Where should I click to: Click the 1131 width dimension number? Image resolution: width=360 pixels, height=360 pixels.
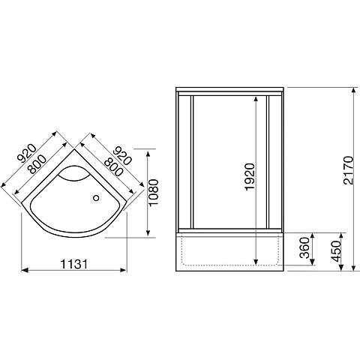[74, 264]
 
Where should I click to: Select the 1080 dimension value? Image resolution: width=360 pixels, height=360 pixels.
[153, 192]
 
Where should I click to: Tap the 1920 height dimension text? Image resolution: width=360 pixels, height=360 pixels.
[250, 177]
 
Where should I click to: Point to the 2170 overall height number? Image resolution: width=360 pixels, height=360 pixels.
[348, 170]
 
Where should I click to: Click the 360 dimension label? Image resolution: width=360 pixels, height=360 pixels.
[304, 247]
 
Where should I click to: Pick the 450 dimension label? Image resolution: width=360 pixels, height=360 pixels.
[336, 251]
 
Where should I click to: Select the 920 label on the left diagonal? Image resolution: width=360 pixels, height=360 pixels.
[27, 154]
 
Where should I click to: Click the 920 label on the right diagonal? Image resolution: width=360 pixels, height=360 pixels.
[122, 156]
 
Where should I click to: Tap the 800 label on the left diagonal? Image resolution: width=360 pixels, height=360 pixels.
[37, 164]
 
